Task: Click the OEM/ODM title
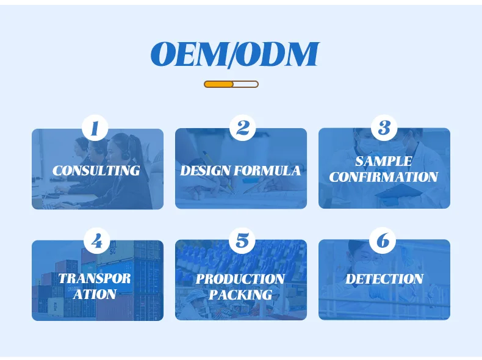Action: (x=235, y=54)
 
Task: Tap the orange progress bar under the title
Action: (x=231, y=84)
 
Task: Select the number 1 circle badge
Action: (x=95, y=128)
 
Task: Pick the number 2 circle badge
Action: (x=243, y=128)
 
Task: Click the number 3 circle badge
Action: (x=384, y=128)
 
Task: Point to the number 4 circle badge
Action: (x=96, y=241)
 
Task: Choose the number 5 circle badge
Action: (x=243, y=241)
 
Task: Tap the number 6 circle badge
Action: (x=383, y=240)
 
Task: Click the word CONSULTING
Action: (x=96, y=171)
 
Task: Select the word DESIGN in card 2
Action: (x=206, y=171)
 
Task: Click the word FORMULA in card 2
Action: (x=267, y=171)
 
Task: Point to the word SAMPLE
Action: (x=384, y=162)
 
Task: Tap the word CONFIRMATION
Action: (x=384, y=177)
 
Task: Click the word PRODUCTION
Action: (x=240, y=279)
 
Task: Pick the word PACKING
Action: (x=240, y=295)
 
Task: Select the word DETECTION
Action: (x=384, y=279)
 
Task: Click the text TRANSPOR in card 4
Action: (x=95, y=278)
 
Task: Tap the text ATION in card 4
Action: (x=95, y=294)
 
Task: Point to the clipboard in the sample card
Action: (x=399, y=192)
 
